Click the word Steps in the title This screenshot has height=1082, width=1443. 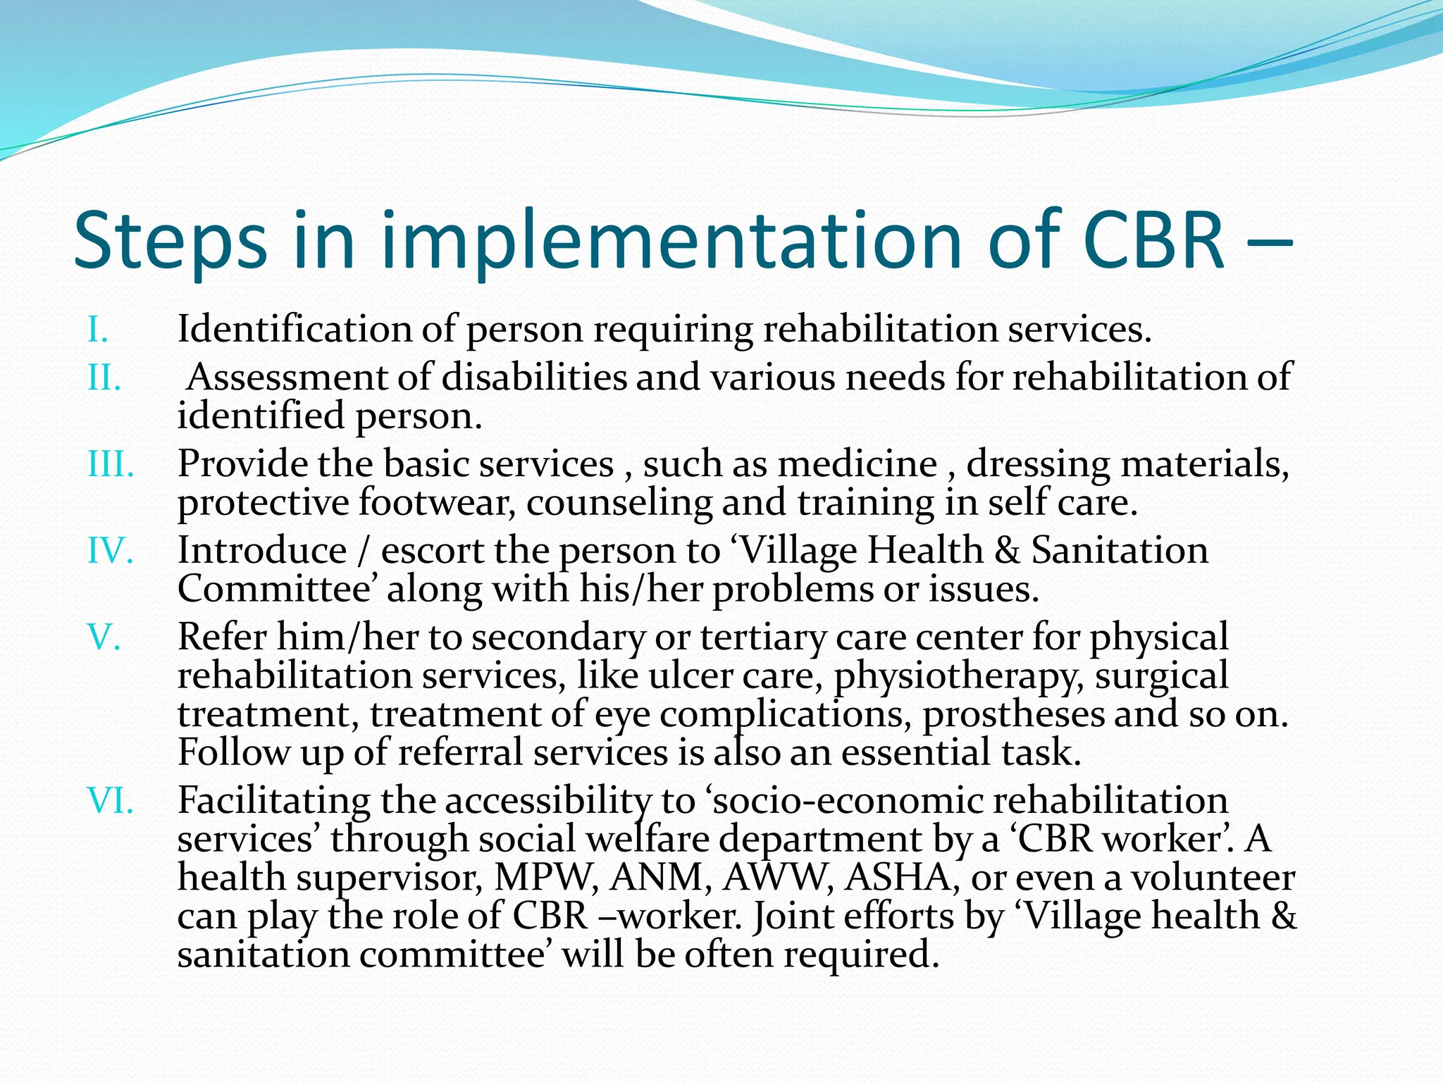pyautogui.click(x=170, y=241)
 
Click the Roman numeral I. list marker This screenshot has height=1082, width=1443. pyautogui.click(x=97, y=330)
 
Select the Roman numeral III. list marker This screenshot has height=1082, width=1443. pyautogui.click(x=111, y=465)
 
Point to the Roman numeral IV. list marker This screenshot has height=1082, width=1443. pyautogui.click(x=110, y=551)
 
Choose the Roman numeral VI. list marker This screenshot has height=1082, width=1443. pyautogui.click(x=110, y=802)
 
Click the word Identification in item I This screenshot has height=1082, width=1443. pyautogui.click(x=295, y=329)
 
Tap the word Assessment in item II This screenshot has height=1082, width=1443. pyautogui.click(x=287, y=378)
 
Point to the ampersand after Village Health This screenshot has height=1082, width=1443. pyautogui.click(x=1007, y=551)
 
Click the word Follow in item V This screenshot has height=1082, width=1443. pyautogui.click(x=233, y=752)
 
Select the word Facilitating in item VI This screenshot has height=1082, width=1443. pyautogui.click(x=273, y=802)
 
